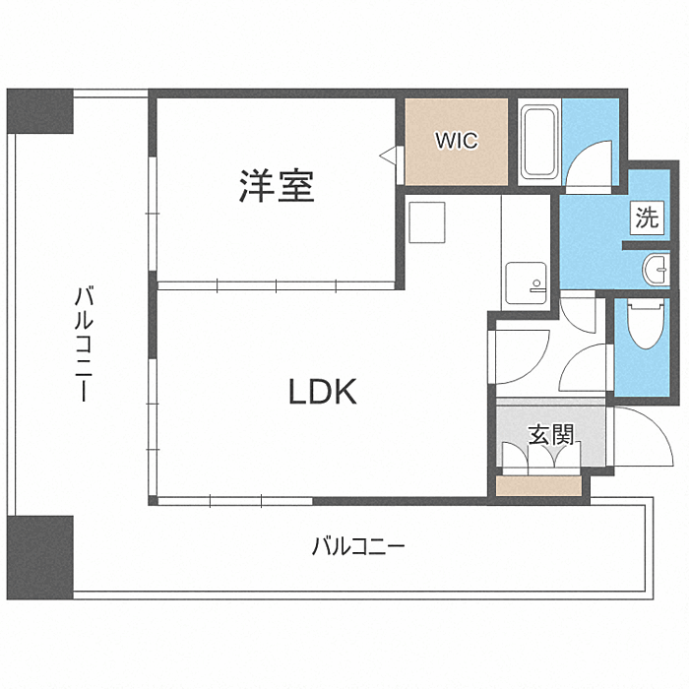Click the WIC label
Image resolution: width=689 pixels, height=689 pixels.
click(456, 141)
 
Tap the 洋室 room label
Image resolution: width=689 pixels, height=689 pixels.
click(277, 186)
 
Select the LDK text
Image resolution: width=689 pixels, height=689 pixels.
click(322, 392)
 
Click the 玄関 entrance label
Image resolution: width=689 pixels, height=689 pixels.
click(551, 435)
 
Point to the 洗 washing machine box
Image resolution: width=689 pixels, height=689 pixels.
click(648, 218)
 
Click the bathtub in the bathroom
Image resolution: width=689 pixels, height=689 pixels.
click(538, 142)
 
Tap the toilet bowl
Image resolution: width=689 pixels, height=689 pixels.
click(646, 324)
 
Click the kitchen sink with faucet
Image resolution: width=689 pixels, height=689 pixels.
click(526, 283)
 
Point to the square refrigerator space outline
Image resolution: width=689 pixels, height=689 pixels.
click(426, 222)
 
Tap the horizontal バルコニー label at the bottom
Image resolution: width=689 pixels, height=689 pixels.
click(358, 547)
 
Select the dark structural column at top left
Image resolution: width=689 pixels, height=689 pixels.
click(39, 111)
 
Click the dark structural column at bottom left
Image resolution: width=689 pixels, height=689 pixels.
click(39, 558)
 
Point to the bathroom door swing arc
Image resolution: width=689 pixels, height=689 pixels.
click(581, 154)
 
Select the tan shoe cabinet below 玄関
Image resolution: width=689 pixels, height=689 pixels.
click(538, 486)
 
